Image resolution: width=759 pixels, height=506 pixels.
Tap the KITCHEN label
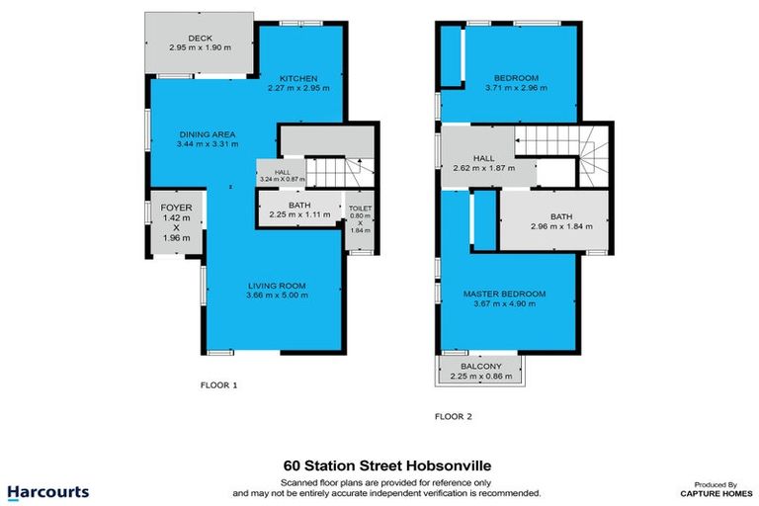pyautogui.click(x=296, y=78)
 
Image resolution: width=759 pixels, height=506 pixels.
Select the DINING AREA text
pyautogui.click(x=207, y=134)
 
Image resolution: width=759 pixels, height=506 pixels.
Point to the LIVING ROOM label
pyautogui.click(x=277, y=287)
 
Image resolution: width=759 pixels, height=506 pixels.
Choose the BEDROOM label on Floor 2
pyautogui.click(x=516, y=78)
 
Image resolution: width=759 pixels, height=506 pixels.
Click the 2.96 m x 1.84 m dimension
pyautogui.click(x=562, y=226)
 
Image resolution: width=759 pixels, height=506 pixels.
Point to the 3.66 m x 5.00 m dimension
pyautogui.click(x=278, y=295)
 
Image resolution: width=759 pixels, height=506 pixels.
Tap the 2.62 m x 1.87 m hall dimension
pyautogui.click(x=483, y=168)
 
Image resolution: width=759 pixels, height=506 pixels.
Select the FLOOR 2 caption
pyautogui.click(x=454, y=416)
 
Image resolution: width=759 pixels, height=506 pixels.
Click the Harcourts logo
pyautogui.click(x=47, y=491)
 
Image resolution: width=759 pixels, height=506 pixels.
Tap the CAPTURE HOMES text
pyautogui.click(x=712, y=492)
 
